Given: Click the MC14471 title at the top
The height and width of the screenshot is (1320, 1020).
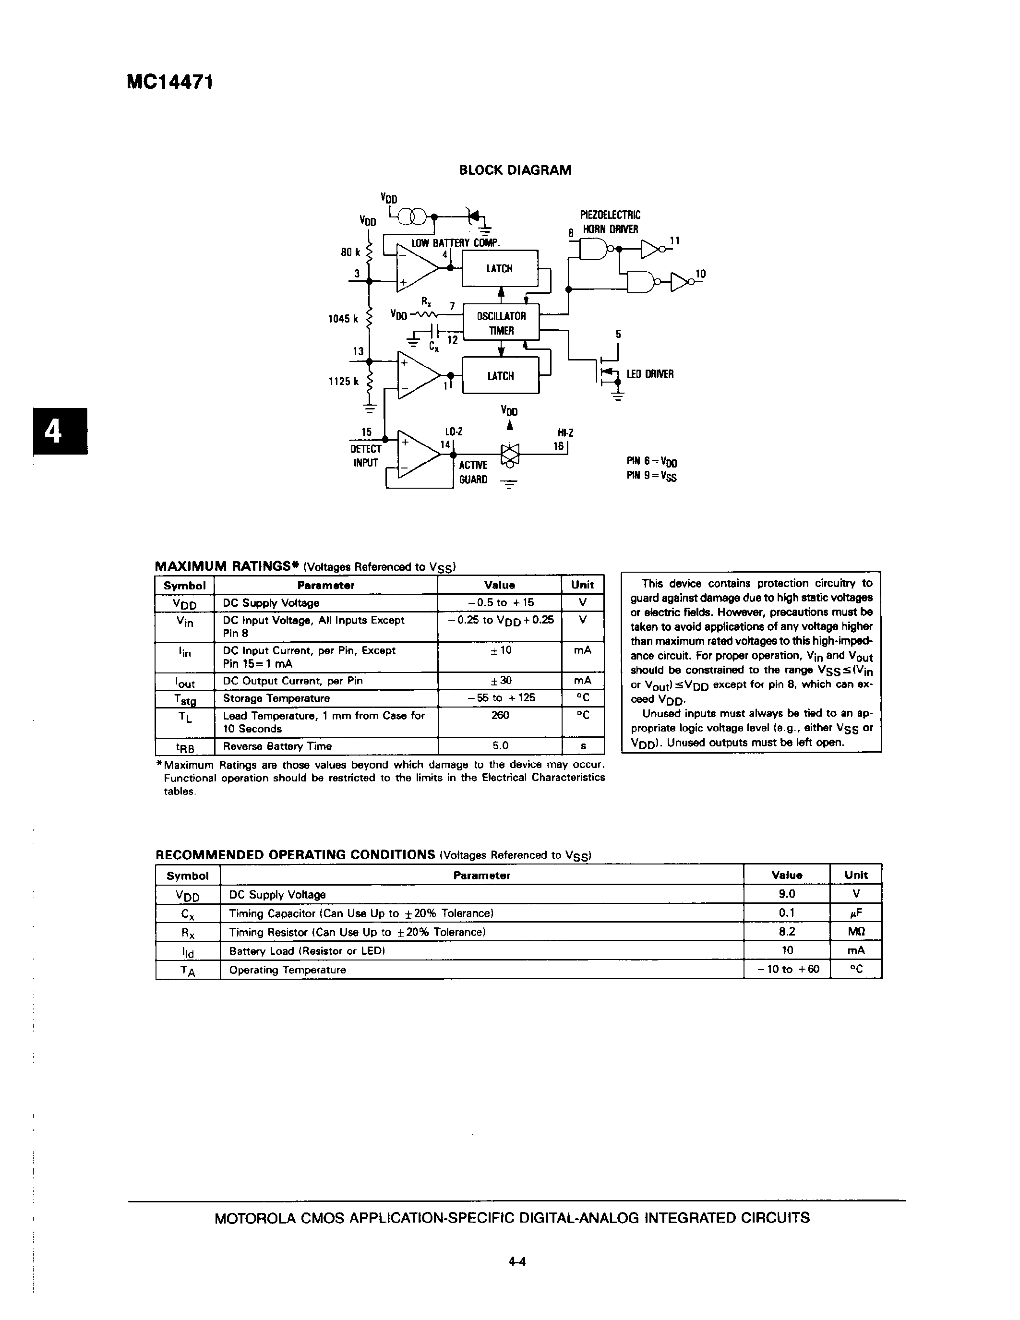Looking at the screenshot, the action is tap(170, 82).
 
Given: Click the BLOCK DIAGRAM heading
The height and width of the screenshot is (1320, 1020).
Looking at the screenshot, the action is tap(515, 170).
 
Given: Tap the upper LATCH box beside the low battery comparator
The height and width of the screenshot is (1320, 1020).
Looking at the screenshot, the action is tap(500, 268).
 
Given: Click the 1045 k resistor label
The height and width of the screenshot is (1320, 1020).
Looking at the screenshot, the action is tap(343, 319).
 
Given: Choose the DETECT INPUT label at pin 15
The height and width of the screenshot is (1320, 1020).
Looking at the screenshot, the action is tap(366, 456).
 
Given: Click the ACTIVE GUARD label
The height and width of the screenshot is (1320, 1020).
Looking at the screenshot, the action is tap(473, 472).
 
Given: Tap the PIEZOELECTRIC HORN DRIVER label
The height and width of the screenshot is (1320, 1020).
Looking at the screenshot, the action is tap(610, 222).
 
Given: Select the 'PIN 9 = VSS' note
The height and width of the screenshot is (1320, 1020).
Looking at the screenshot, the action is tap(651, 476).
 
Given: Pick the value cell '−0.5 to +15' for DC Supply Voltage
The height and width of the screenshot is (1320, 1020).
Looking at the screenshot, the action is tap(499, 602).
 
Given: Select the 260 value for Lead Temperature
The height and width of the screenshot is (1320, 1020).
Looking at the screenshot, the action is tap(500, 715).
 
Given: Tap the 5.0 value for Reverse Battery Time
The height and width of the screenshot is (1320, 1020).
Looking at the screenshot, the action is tap(500, 746).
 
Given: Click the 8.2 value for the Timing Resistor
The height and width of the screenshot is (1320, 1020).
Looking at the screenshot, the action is tap(787, 931).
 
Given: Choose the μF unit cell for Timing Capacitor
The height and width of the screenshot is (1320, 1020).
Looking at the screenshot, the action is tap(856, 912).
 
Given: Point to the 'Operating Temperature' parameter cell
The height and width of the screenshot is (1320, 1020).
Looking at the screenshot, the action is tap(288, 970).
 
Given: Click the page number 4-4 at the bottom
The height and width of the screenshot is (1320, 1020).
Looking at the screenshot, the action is tap(517, 1261).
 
